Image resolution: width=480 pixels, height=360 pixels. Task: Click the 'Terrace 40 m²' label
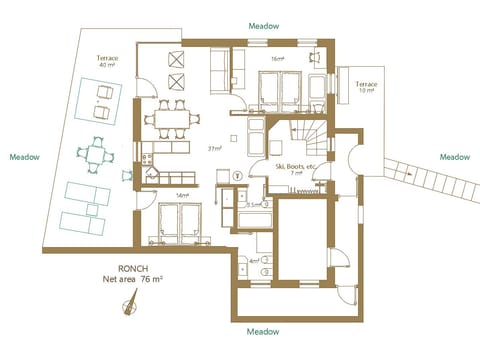(107, 63)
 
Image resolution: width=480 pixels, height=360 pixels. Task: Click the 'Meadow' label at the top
(264, 24)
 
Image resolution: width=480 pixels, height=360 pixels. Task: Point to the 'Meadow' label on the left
(25, 157)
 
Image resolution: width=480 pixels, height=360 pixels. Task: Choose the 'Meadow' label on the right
(455, 157)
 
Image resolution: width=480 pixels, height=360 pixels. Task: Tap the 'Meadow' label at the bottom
(264, 331)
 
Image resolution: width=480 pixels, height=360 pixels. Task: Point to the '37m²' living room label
(214, 148)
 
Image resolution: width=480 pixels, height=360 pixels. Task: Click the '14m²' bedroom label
(181, 196)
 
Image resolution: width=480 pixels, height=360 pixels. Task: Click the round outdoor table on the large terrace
(96, 154)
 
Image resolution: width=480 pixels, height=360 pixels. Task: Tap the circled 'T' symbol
(237, 175)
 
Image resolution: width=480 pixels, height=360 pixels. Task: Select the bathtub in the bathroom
(251, 220)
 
